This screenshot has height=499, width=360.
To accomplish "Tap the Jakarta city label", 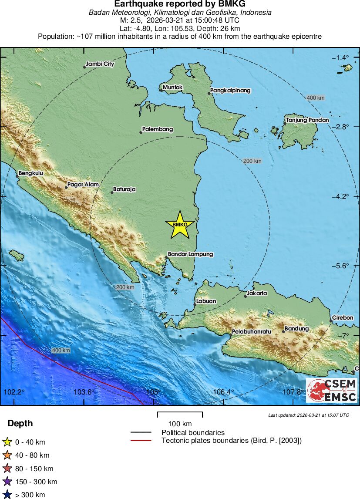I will pos(257,293).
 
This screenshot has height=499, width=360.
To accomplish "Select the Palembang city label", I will pos(158,129).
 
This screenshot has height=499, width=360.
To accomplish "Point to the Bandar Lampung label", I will pos(191,254).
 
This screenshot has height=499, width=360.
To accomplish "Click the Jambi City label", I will pos(100,64).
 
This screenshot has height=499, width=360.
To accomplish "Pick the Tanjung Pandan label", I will pos(307,120).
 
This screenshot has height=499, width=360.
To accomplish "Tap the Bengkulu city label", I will pos(31,173).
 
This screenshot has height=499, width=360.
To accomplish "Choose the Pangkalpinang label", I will pos(230,91).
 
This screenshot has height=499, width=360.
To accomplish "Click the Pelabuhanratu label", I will pos(252,331).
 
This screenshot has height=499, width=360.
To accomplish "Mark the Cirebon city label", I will pos(343,318).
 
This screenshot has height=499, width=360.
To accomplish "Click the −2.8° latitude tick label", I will pos(340,127).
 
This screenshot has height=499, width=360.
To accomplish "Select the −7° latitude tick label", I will pos(344,335).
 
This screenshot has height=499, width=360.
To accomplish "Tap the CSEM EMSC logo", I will pos(332,390).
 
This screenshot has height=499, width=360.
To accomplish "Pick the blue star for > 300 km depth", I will pos(7,495).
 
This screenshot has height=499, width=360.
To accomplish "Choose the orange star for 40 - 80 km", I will pos(7,455).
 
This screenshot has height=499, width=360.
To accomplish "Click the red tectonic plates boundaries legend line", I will pos(141,441).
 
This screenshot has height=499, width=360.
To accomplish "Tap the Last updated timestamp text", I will pos(308,415).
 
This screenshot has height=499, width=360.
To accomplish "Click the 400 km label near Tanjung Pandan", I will pos(316,98).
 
